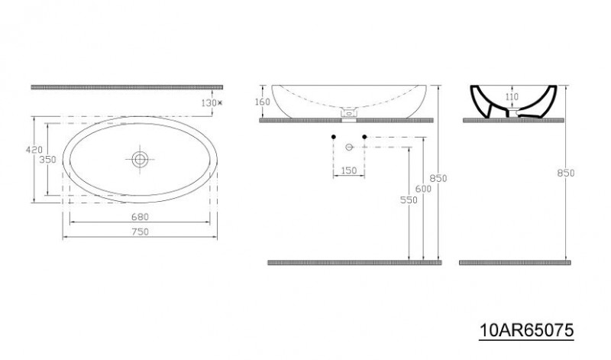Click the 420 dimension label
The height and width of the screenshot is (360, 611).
pos(34,149)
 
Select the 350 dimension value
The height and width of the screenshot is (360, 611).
pos(48,160)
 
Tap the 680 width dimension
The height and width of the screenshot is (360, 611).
pos(140,216)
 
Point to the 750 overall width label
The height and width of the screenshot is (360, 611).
pos(140,232)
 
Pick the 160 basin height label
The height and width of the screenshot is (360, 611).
pos(262,102)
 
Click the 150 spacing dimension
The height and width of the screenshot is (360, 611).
pos(349,170)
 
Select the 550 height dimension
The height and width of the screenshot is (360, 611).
pos(409,199)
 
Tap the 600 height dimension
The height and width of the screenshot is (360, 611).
pos(423,189)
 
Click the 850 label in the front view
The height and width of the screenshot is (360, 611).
pos(438,178)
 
